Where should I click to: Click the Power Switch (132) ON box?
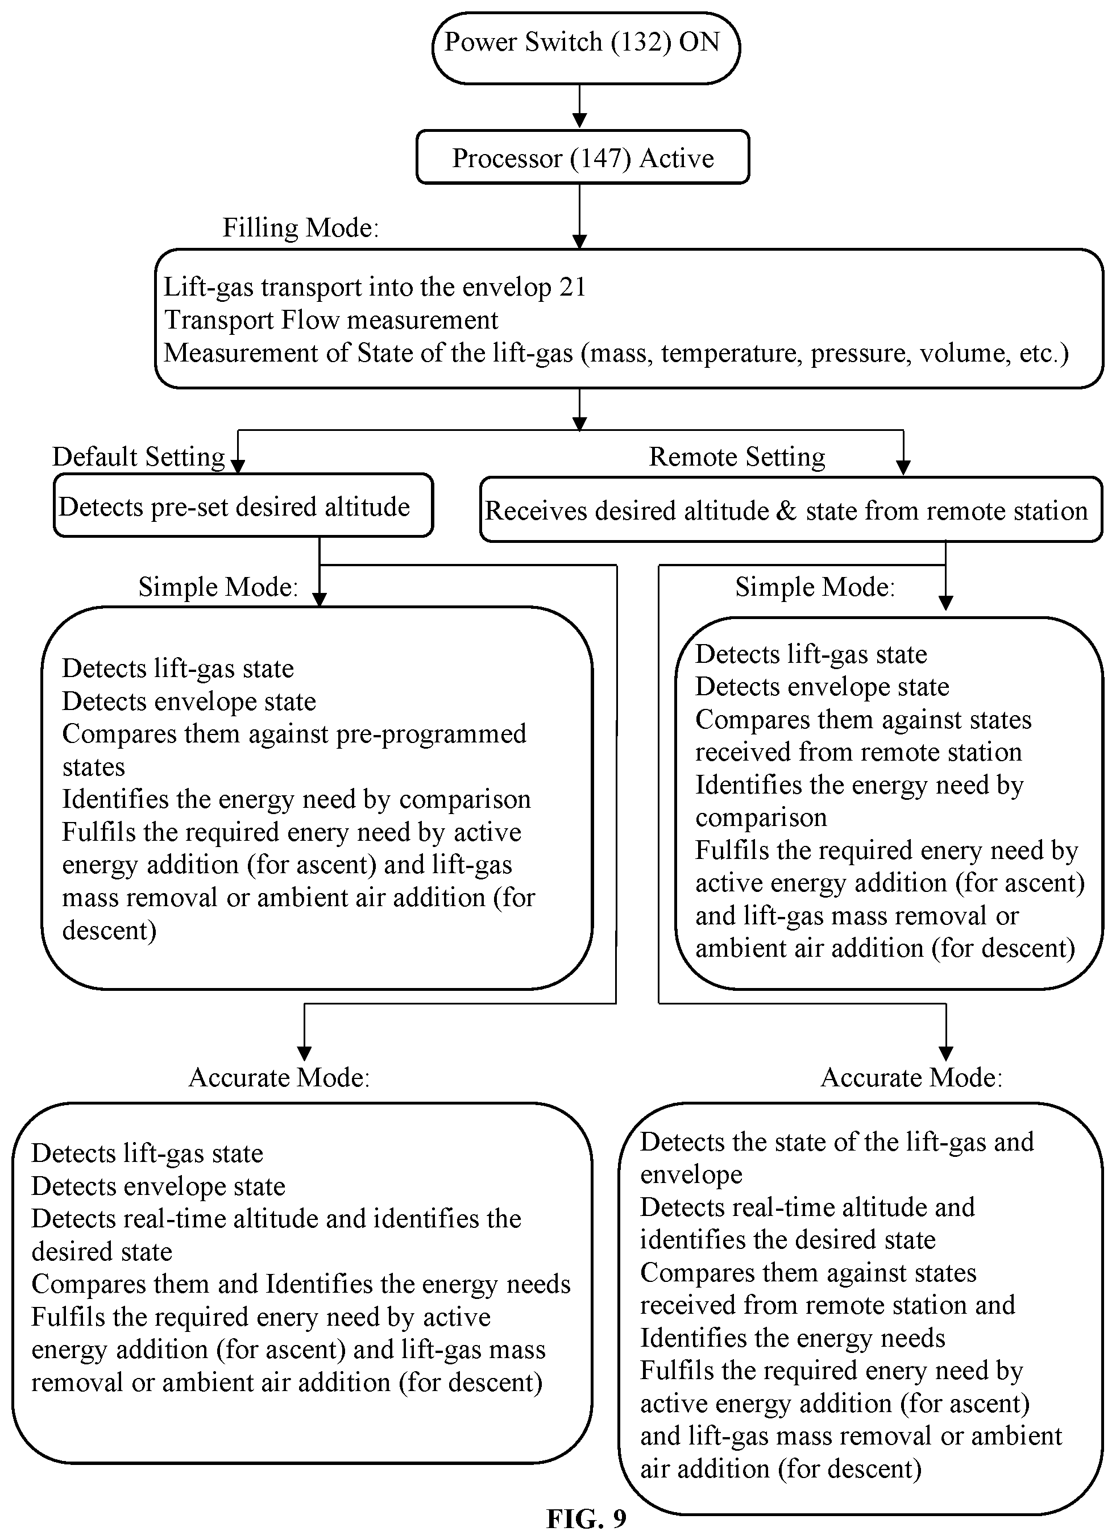pos(586,48)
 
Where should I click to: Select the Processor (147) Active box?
pos(583,157)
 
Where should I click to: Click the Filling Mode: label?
pos(300,228)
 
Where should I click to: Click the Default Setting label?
pos(139,457)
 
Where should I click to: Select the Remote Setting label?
pos(737,457)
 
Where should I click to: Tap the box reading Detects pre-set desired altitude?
pos(243,506)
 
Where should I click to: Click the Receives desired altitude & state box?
pos(791,510)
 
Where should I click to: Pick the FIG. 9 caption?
pos(586,1518)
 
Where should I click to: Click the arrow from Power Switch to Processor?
pos(579,106)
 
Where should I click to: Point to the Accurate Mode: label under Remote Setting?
pos(911,1078)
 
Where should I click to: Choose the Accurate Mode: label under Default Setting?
pos(279,1078)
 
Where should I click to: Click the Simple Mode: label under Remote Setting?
pos(815,587)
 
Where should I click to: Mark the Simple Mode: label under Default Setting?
pos(219,587)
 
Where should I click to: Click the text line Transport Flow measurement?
pos(331,320)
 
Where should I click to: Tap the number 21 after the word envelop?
pos(572,287)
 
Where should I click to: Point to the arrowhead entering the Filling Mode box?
pos(579,242)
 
